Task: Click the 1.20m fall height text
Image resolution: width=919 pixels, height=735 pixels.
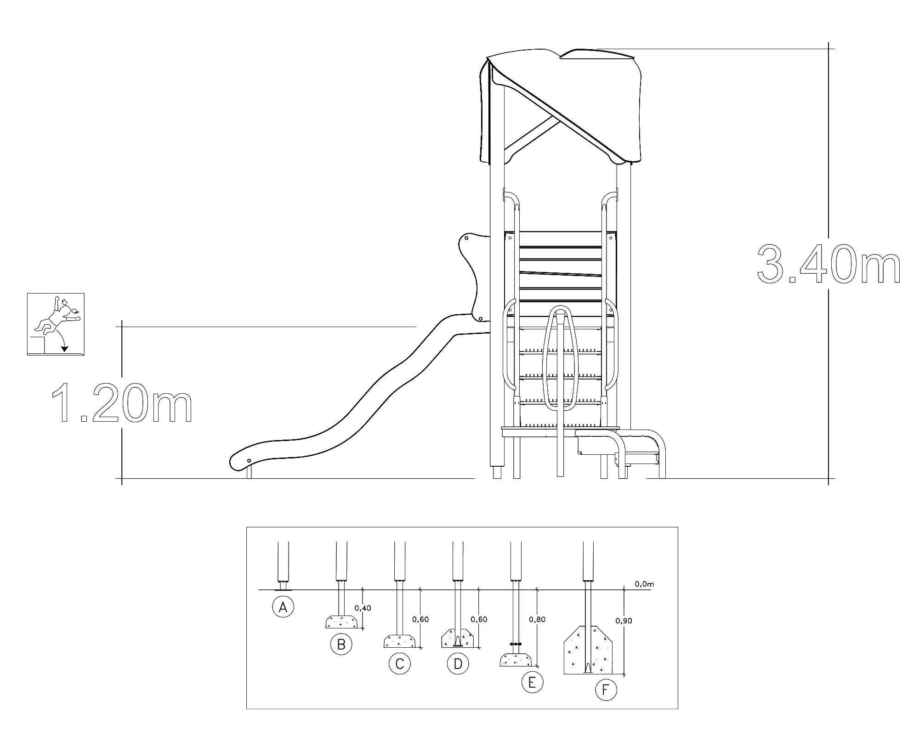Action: coord(122,402)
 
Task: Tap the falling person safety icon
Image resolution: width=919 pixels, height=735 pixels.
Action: coord(56,324)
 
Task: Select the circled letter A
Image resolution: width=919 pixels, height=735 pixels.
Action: coord(283,607)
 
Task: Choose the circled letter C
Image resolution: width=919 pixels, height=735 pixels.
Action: coord(399,663)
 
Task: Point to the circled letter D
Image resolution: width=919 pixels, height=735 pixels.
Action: coord(458,663)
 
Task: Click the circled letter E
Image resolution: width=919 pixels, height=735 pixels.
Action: coord(532,682)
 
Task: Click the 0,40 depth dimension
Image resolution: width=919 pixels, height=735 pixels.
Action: coord(363,608)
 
